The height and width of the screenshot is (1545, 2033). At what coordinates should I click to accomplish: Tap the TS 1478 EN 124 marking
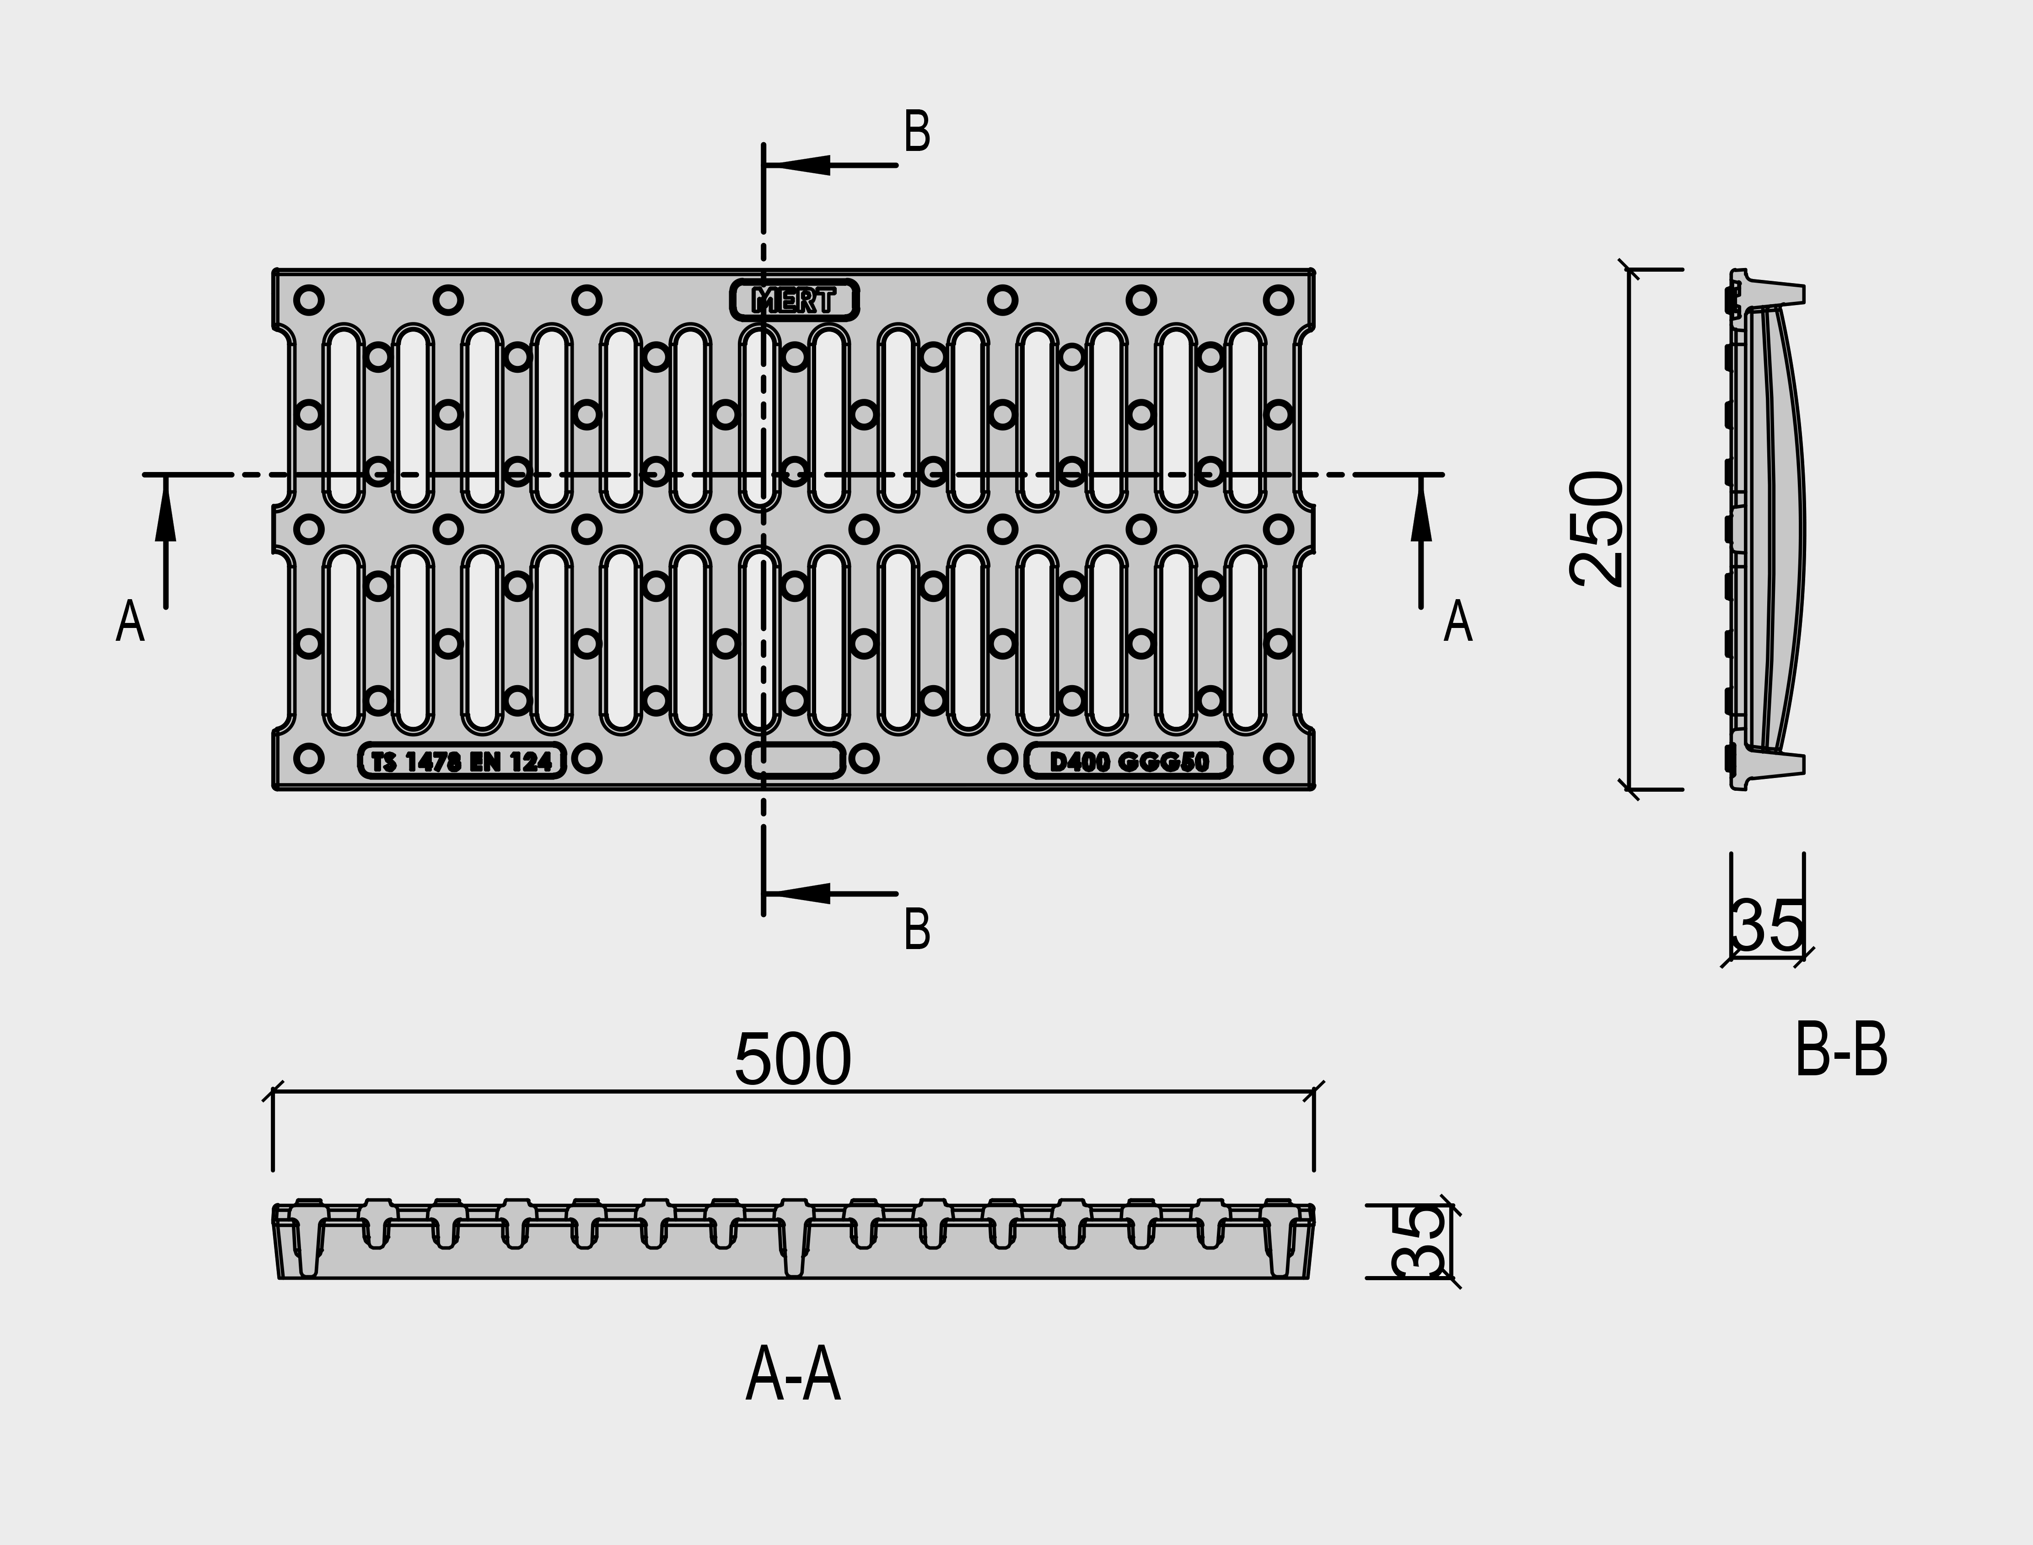pos(462,761)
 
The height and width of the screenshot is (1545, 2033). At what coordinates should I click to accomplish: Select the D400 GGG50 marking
pos(1129,761)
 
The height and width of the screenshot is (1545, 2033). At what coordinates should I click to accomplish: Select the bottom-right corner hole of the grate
pos(1279,759)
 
